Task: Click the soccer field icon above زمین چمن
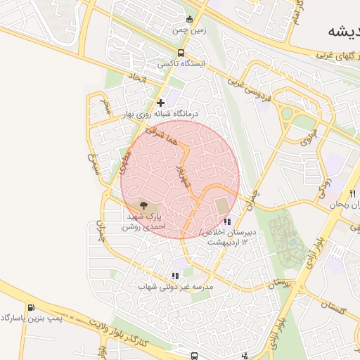point(188,19)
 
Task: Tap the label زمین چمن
point(188,31)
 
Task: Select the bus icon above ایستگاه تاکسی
point(181,53)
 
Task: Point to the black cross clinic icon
point(161,103)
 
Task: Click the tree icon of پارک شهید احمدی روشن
point(144,206)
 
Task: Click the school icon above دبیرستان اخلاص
point(226,223)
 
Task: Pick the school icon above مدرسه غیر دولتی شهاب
point(175,276)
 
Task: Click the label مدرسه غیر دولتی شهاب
point(175,287)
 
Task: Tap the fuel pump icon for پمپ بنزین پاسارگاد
point(31,308)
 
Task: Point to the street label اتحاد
point(136,78)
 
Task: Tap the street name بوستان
point(278,283)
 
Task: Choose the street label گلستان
point(335,306)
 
